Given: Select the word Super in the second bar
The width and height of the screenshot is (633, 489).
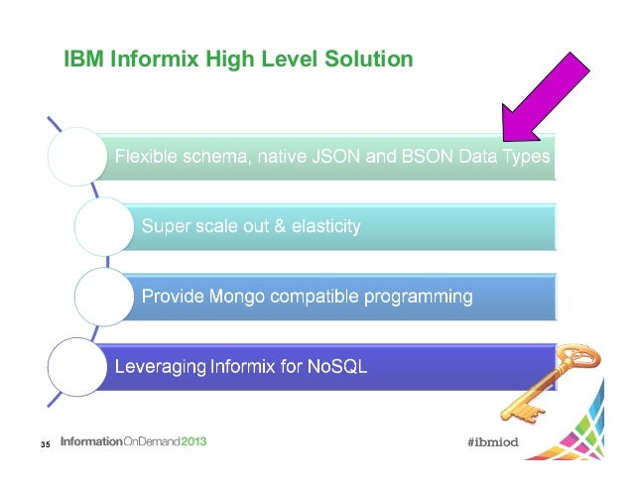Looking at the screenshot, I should coord(163,226).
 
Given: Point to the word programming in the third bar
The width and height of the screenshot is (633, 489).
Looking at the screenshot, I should coord(418,296).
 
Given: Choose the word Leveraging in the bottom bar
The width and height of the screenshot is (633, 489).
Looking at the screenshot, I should coord(160,366).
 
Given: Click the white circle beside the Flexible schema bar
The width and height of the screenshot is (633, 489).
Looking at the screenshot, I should coord(76,156).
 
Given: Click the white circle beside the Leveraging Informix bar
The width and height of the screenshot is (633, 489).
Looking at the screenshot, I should coord(76,366).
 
